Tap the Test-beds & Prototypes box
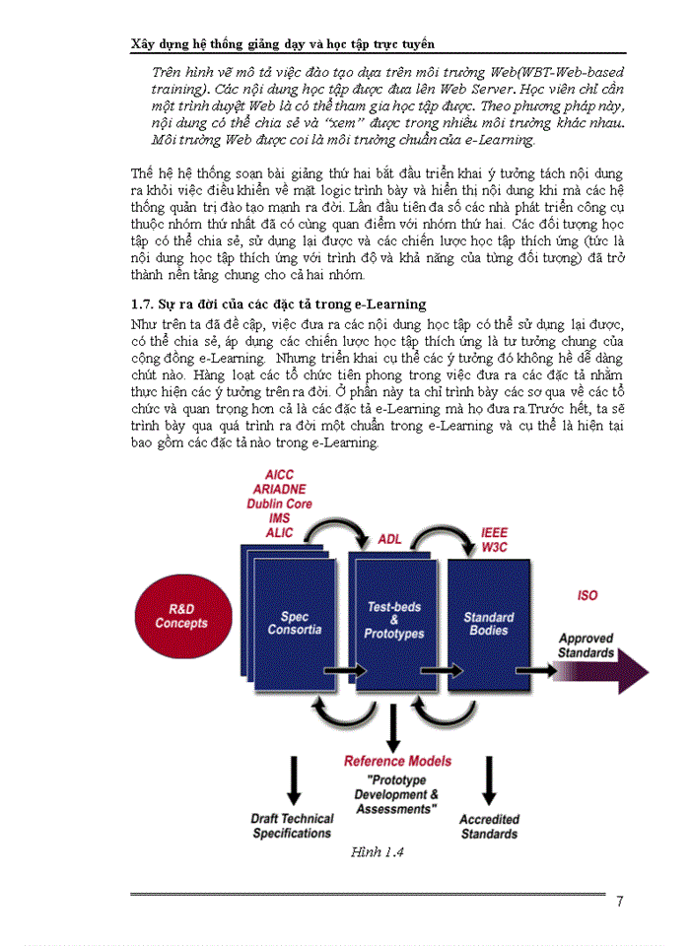394,620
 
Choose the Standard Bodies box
489,623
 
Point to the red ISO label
586,596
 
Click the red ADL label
390,539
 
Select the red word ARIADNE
279,490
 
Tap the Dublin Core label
279,504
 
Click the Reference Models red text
397,762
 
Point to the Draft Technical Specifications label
292,826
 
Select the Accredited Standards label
489,827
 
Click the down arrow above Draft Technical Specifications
293,778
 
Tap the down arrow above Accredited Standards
489,778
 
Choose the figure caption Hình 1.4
378,853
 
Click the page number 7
619,902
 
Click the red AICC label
279,476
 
